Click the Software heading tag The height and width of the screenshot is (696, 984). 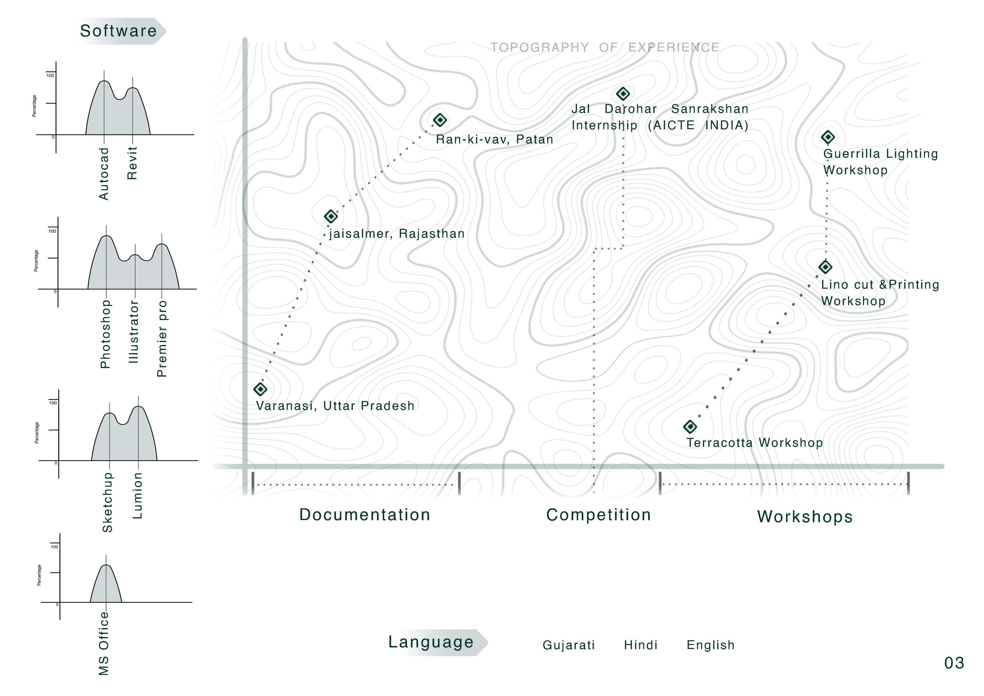click(x=119, y=31)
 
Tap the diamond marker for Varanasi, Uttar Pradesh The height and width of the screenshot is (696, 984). click(x=260, y=389)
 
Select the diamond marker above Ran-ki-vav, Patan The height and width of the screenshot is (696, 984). click(x=440, y=120)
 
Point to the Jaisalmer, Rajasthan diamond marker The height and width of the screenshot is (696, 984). click(x=330, y=216)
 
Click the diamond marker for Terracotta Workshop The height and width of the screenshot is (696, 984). click(x=690, y=426)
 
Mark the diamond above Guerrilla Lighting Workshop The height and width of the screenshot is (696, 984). click(x=828, y=137)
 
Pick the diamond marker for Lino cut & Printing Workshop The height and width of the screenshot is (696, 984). click(x=825, y=267)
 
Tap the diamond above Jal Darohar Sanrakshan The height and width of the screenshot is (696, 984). click(x=623, y=93)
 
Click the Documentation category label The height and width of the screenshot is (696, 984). click(x=364, y=515)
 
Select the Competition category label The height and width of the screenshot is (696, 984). click(x=598, y=515)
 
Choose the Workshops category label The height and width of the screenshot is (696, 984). click(x=805, y=516)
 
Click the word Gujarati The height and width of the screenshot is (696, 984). click(x=569, y=645)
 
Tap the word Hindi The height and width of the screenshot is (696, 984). click(x=641, y=645)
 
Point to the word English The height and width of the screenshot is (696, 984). click(x=710, y=645)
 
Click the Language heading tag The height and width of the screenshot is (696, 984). click(x=431, y=642)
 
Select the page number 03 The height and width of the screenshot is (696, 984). click(x=954, y=663)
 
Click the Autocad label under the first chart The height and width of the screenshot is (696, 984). click(x=104, y=174)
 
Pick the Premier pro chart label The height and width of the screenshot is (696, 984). click(x=162, y=338)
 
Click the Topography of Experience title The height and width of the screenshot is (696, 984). click(x=605, y=47)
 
